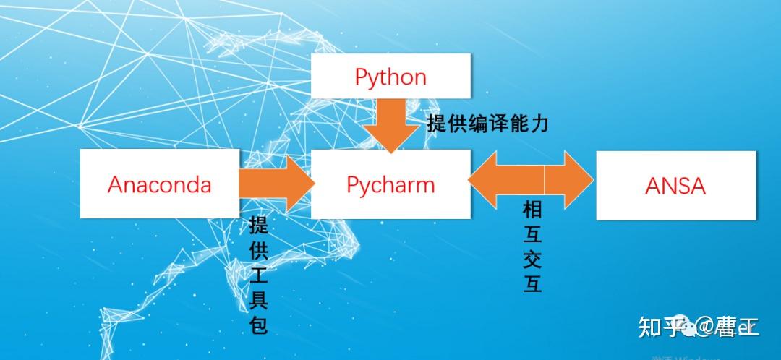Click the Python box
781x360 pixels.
pyautogui.click(x=390, y=77)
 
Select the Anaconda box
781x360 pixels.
pyautogui.click(x=159, y=184)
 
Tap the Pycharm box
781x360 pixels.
pyautogui.click(x=390, y=184)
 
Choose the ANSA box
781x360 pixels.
pyautogui.click(x=675, y=185)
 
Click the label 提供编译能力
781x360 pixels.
pyautogui.click(x=487, y=124)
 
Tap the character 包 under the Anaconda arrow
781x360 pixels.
pyautogui.click(x=258, y=325)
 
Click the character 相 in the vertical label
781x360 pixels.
pyautogui.click(x=532, y=210)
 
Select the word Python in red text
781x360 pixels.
pyautogui.click(x=390, y=77)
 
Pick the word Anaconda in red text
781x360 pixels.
pyautogui.click(x=159, y=184)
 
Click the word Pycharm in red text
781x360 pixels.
pyautogui.click(x=390, y=184)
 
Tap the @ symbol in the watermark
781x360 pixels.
pyautogui.click(x=704, y=328)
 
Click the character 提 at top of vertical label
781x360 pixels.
pyautogui.click(x=258, y=224)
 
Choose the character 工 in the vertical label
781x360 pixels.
pyautogui.click(x=258, y=275)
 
